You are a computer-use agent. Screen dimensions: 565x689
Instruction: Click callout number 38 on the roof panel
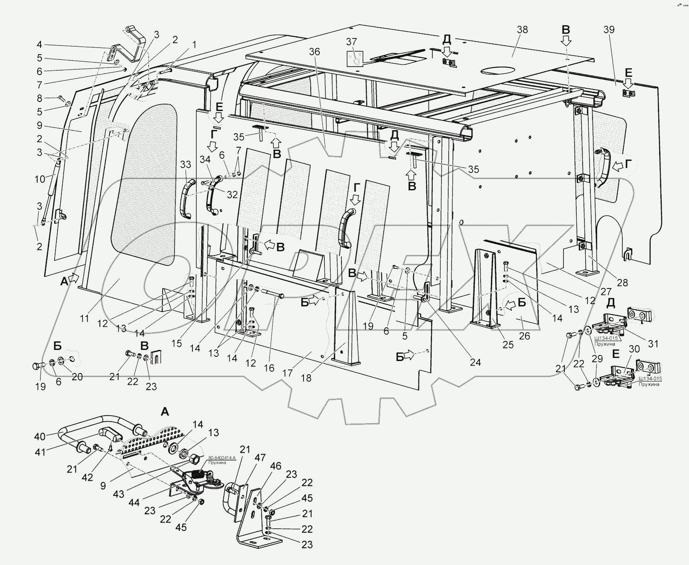(x=522, y=29)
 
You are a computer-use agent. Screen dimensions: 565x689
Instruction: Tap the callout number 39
(x=609, y=29)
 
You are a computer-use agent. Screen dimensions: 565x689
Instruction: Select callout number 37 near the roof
(x=351, y=41)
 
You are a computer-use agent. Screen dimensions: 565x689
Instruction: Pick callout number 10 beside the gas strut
(x=40, y=179)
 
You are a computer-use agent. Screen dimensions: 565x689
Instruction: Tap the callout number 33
(x=185, y=164)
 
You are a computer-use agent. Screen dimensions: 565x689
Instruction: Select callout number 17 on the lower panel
(x=287, y=373)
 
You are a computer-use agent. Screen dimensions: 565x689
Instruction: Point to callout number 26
(x=524, y=336)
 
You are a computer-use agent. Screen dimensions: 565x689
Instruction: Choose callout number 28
(x=622, y=282)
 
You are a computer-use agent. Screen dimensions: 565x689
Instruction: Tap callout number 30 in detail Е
(x=634, y=349)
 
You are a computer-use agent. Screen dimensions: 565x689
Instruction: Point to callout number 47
(x=260, y=458)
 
